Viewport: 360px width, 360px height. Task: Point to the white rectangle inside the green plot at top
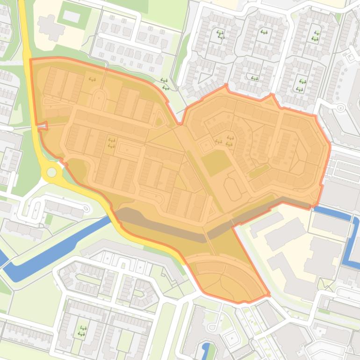coord(72,16)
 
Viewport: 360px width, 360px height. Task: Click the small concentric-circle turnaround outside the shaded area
coord(340,108)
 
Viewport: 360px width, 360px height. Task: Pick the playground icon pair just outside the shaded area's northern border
coord(164,84)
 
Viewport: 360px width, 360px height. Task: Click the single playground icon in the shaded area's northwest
coord(92,79)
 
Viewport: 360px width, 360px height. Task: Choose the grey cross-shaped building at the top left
coord(50,27)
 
